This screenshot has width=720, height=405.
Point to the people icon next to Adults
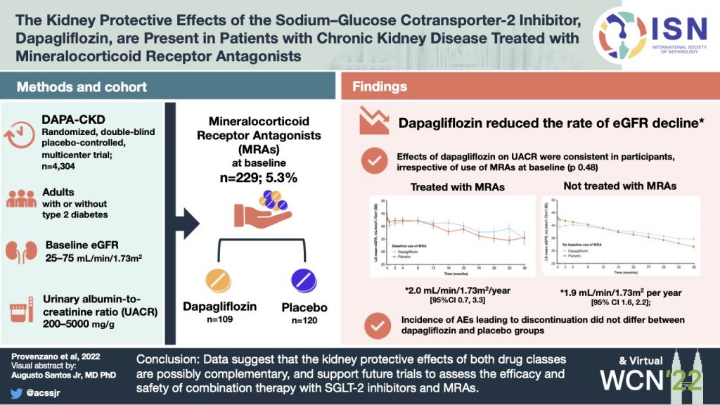coord(21,198)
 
